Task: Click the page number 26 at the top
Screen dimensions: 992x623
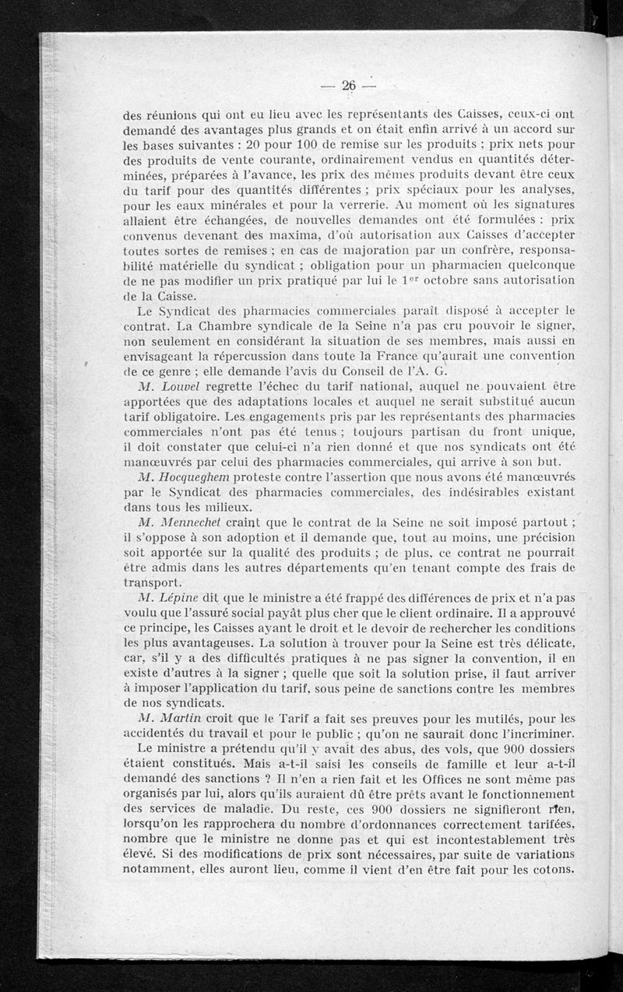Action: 348,86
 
